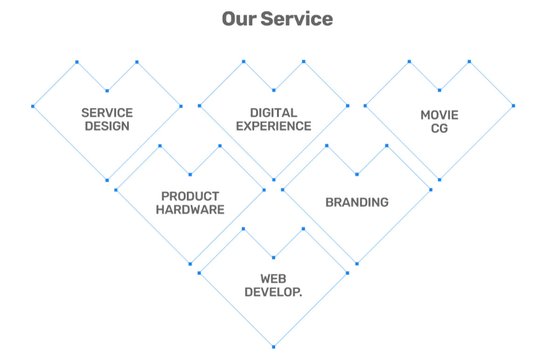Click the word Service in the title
click(296, 19)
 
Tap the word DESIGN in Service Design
click(107, 127)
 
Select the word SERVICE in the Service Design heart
click(107, 113)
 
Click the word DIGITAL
click(273, 113)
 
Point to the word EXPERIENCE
click(273, 127)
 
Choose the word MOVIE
click(439, 115)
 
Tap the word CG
click(439, 129)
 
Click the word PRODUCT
click(190, 196)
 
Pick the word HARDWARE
click(190, 210)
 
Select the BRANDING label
click(357, 202)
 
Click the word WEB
click(273, 279)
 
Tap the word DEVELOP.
click(273, 293)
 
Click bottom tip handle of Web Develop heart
click(273, 346)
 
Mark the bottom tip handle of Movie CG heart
click(439, 180)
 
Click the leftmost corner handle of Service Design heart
click(33, 106)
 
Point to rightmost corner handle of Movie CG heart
click(513, 106)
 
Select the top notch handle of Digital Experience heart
click(273, 91)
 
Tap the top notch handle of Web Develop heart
click(273, 257)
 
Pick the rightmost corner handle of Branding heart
click(431, 190)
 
